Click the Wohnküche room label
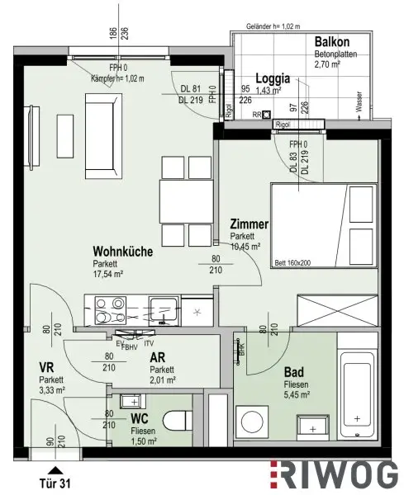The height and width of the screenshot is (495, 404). tap(123, 252)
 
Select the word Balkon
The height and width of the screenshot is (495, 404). tap(333, 42)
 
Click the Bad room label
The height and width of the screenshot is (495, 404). tap(293, 372)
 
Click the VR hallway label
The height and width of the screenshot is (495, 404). tap(46, 368)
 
